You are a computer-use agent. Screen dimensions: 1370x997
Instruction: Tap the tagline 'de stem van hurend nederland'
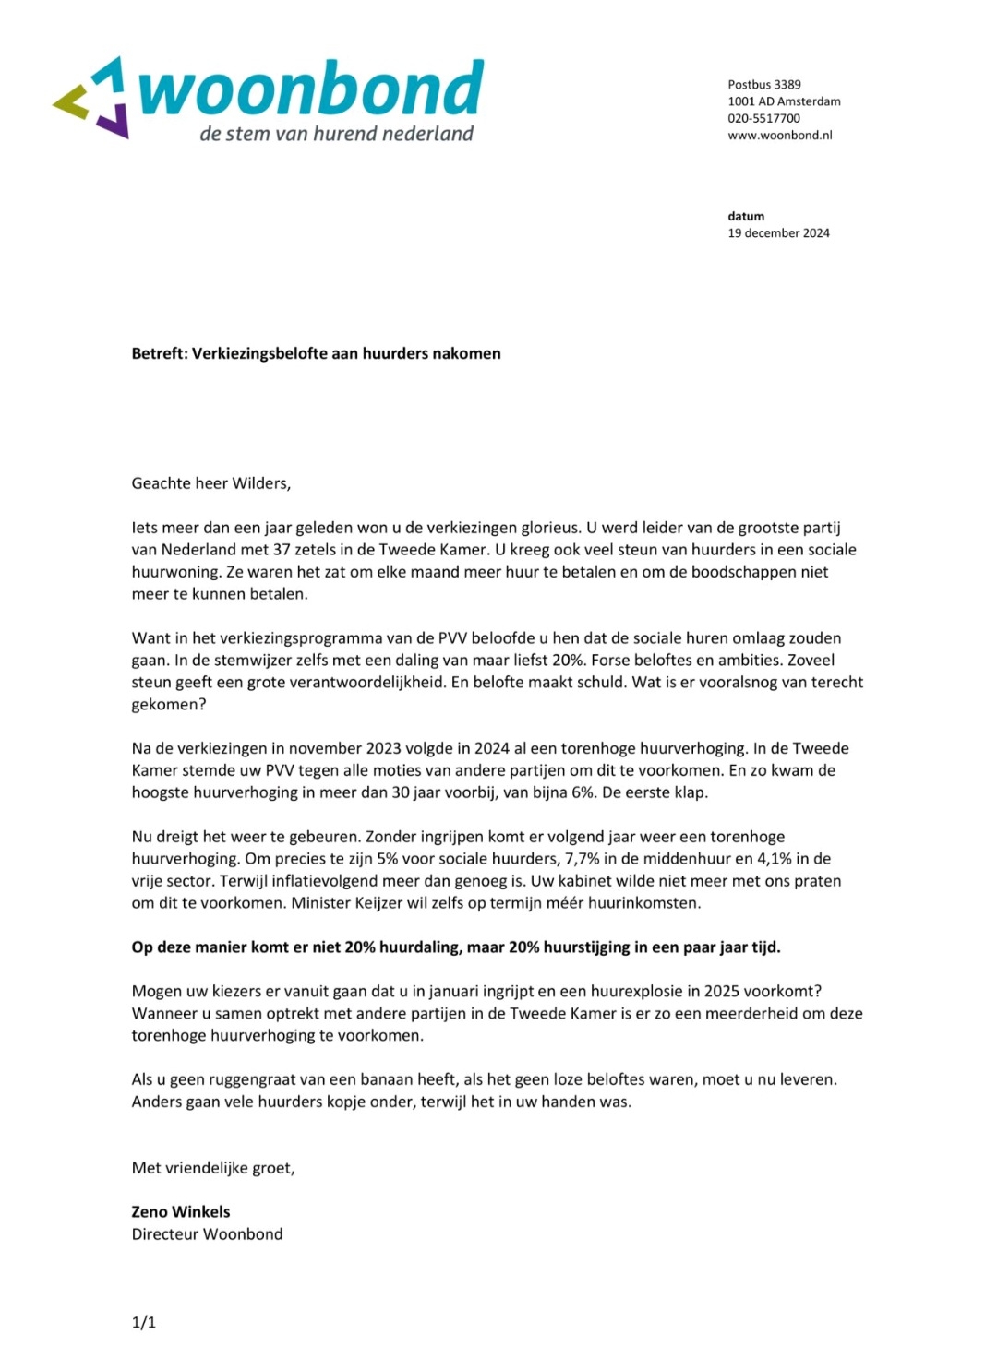pyautogui.click(x=336, y=134)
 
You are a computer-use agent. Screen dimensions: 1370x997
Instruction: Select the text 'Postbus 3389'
pyautogui.click(x=763, y=84)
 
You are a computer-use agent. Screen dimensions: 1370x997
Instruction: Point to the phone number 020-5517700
pyautogui.click(x=763, y=118)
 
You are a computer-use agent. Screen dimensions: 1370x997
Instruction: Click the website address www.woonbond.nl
pyautogui.click(x=779, y=135)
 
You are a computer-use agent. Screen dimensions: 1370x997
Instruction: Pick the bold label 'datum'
pyautogui.click(x=746, y=216)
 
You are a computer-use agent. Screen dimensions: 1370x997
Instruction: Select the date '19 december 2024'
pyautogui.click(x=778, y=233)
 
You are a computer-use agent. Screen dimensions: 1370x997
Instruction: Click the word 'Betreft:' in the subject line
pyautogui.click(x=160, y=353)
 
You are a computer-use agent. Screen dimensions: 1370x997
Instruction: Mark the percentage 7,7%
pyautogui.click(x=583, y=859)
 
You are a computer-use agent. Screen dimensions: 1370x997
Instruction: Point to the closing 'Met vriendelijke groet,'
pyautogui.click(x=213, y=1168)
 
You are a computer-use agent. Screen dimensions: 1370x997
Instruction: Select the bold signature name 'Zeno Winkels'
pyautogui.click(x=181, y=1212)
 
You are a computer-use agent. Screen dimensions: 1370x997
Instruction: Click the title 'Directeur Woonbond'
pyautogui.click(x=207, y=1234)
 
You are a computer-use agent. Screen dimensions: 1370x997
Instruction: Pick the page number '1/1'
pyautogui.click(x=144, y=1323)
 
